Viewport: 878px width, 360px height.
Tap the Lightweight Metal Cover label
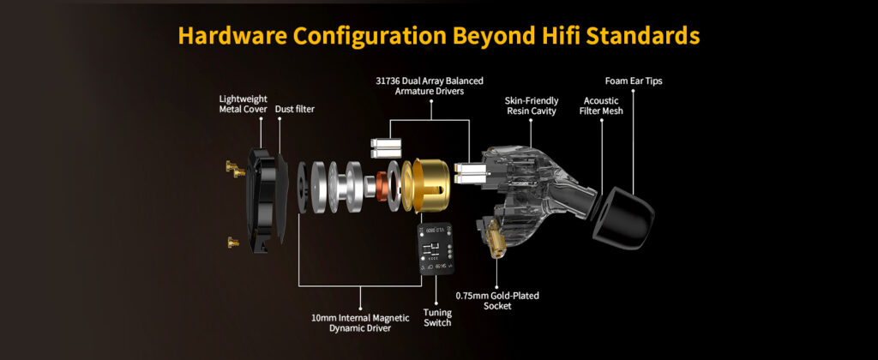click(243, 104)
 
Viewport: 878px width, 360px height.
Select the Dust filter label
click(295, 109)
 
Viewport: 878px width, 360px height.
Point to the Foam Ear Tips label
click(634, 81)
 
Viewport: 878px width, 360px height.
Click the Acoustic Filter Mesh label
click(601, 105)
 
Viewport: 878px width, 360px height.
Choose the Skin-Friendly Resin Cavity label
click(532, 105)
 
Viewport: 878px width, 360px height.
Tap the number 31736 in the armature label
click(388, 81)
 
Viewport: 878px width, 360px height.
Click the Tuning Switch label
click(436, 317)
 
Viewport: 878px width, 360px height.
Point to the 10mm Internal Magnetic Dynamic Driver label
click(360, 323)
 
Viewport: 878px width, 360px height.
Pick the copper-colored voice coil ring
click(382, 185)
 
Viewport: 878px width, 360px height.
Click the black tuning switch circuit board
click(436, 249)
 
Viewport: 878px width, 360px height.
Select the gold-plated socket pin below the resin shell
click(496, 238)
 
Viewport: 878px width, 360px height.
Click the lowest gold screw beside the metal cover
click(233, 243)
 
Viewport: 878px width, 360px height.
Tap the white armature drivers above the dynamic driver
click(385, 147)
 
